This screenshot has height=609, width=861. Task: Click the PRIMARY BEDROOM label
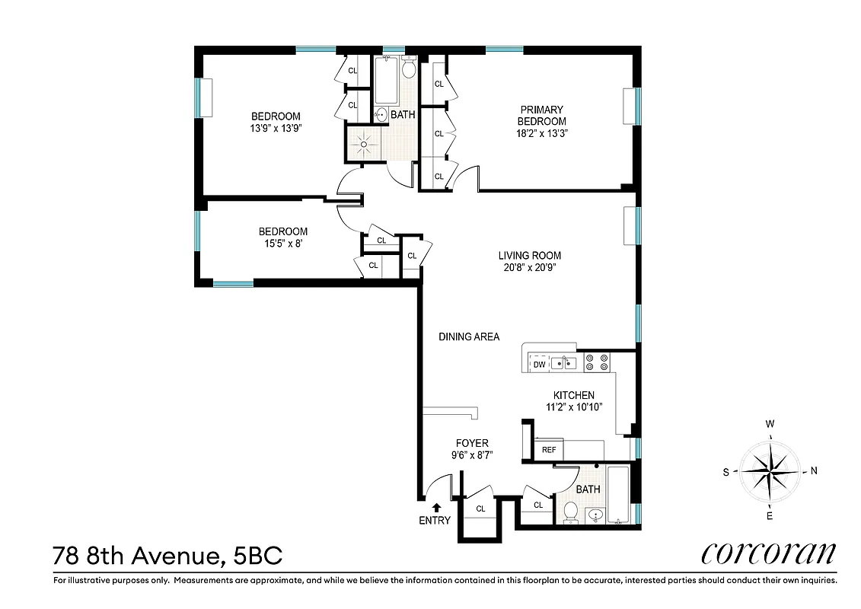point(541,116)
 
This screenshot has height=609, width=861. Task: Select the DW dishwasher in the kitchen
point(539,365)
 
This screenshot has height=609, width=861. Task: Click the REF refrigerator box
point(548,450)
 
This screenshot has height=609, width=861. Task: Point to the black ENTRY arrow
point(436,507)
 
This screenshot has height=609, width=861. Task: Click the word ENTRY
point(435,521)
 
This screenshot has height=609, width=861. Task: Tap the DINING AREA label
point(469,336)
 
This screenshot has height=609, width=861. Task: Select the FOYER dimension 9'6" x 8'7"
point(471,456)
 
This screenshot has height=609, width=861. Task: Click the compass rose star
point(770,470)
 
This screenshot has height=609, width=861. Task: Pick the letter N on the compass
point(814,470)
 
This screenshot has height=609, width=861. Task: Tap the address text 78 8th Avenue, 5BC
point(167,555)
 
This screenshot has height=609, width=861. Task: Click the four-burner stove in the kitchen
point(596,362)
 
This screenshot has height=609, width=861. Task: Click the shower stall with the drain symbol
point(364,144)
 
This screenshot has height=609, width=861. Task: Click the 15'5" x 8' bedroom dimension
point(282,244)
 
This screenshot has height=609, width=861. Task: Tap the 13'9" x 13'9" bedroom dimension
point(276,128)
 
